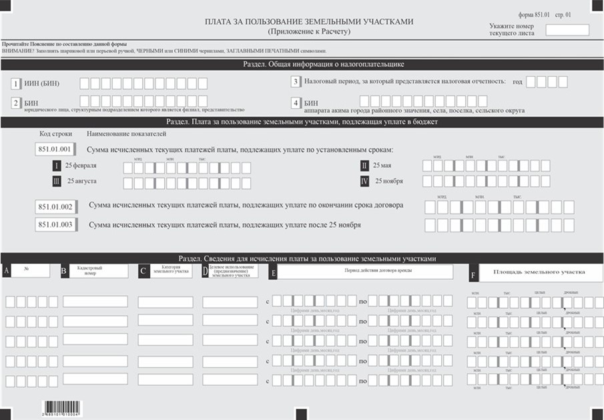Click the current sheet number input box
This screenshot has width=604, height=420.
pyautogui.click(x=567, y=30)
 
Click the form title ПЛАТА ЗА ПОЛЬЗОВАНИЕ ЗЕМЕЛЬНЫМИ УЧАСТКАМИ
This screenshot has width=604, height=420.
pyautogui.click(x=308, y=22)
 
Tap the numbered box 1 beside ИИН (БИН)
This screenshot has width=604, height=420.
pyautogui.click(x=16, y=84)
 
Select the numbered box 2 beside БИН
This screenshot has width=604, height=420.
pyautogui.click(x=16, y=103)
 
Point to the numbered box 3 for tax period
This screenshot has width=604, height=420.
pyautogui.click(x=295, y=82)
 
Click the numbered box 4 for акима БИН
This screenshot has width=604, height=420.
pyautogui.click(x=295, y=103)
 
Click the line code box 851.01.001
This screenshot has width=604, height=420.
pyautogui.click(x=57, y=150)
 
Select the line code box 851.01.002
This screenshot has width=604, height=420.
pyautogui.click(x=57, y=206)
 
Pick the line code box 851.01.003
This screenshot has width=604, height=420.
pyautogui.click(x=57, y=225)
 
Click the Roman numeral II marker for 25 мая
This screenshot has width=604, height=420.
pyautogui.click(x=364, y=166)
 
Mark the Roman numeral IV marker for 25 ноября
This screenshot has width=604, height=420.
pyautogui.click(x=364, y=181)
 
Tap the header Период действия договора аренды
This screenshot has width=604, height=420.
pyautogui.click(x=364, y=271)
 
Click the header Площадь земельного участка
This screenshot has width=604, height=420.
pyautogui.click(x=539, y=272)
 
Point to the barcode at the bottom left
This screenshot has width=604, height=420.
pyautogui.click(x=61, y=407)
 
